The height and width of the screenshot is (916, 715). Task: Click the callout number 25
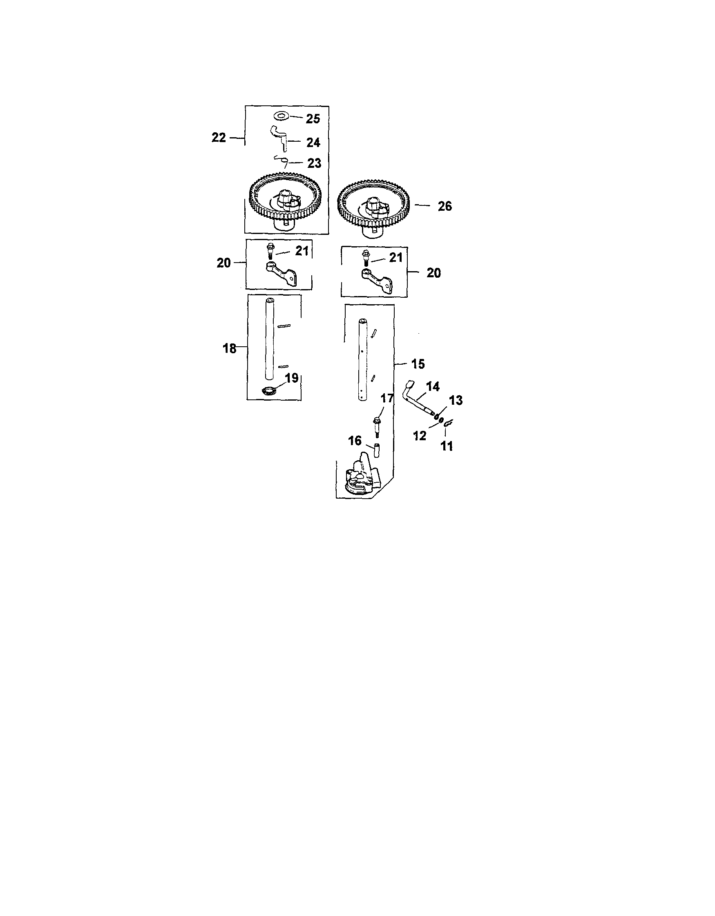pos(313,119)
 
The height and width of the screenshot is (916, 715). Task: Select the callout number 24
pos(313,143)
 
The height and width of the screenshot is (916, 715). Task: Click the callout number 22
pos(219,138)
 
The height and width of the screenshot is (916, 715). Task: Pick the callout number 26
pos(445,206)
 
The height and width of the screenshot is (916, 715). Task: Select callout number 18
pos(230,348)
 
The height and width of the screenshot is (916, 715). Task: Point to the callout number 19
pos(292,378)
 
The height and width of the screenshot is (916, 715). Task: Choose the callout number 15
pos(418,364)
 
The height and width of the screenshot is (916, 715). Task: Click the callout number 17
pos(387,398)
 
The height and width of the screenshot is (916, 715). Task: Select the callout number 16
pos(355,441)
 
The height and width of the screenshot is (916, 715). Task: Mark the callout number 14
pos(433,387)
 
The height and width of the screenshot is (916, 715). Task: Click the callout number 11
pos(447,446)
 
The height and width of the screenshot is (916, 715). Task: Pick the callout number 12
pos(420,436)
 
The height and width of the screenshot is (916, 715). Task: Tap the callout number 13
pos(456,401)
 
